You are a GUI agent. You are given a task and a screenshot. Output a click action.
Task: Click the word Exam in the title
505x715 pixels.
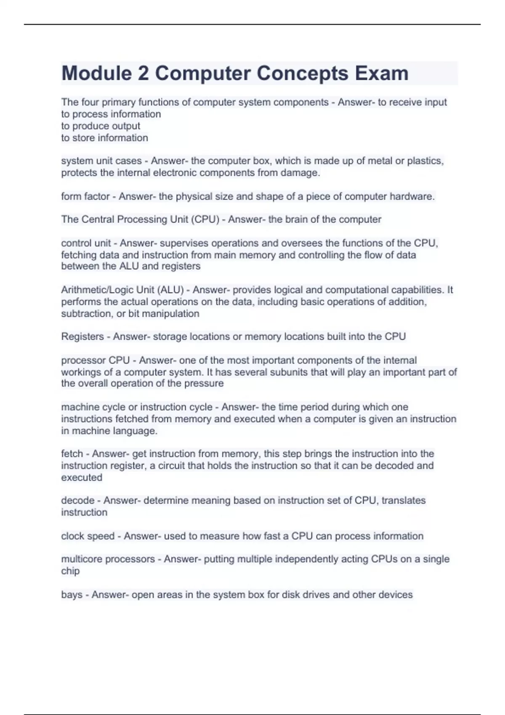pyautogui.click(x=381, y=73)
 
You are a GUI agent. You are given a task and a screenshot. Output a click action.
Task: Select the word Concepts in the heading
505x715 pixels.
pyautogui.click(x=302, y=73)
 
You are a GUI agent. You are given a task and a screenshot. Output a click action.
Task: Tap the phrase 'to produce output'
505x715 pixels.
pyautogui.click(x=101, y=126)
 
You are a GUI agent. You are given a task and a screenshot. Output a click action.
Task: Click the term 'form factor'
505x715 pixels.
pyautogui.click(x=85, y=196)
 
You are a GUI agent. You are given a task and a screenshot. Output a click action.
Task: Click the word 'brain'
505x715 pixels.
pyautogui.click(x=299, y=220)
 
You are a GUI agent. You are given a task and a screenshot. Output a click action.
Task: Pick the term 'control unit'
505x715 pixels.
pyautogui.click(x=86, y=243)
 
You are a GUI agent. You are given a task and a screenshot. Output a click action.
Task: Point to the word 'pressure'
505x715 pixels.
pyautogui.click(x=204, y=384)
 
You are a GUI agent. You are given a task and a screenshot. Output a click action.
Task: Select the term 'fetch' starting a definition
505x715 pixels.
pyautogui.click(x=72, y=454)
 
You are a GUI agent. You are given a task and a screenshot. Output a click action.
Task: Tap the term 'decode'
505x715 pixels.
pyautogui.click(x=78, y=500)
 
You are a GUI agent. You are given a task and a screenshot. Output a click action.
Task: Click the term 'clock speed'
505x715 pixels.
pyautogui.click(x=88, y=536)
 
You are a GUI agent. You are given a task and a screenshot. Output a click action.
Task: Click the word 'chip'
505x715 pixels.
pyautogui.click(x=70, y=571)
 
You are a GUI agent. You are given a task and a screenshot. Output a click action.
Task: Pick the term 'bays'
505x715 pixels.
pyautogui.click(x=72, y=595)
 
